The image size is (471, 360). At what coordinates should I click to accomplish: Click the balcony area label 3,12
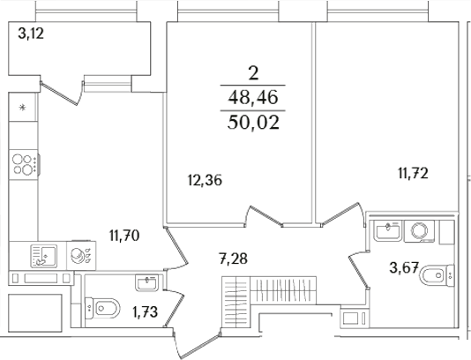click(x=33, y=35)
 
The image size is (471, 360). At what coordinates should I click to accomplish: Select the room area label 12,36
click(x=204, y=181)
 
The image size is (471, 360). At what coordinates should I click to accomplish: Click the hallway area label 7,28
click(x=233, y=259)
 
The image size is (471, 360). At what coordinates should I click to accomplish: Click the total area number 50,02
click(x=252, y=123)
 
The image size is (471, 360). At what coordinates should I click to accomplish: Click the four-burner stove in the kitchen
click(x=23, y=164)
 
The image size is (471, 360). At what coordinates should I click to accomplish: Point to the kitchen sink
click(x=41, y=256)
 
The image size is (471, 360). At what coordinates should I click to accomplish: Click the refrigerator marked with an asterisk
click(x=23, y=109)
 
